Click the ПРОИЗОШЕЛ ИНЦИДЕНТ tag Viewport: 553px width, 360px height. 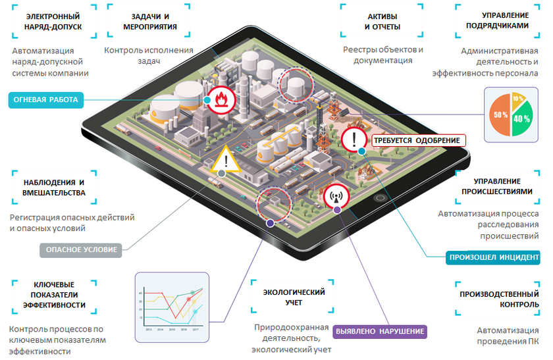coord(493,257)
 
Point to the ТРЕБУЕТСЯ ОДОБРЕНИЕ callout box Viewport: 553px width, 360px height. coord(417,140)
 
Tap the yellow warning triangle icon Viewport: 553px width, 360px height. coord(225,159)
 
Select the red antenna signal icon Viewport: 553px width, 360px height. coord(335,195)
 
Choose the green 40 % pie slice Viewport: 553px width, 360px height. coord(522,120)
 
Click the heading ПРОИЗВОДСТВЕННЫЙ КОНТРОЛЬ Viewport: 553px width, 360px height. coord(501,299)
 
